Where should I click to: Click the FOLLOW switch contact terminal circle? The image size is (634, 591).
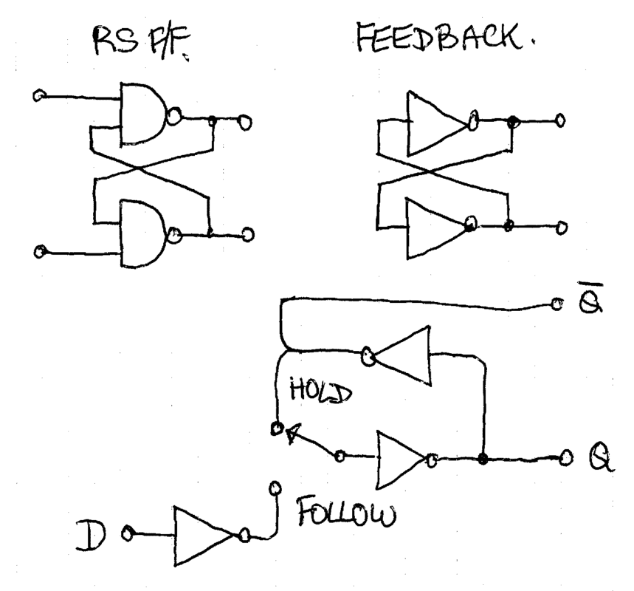tap(276, 488)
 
